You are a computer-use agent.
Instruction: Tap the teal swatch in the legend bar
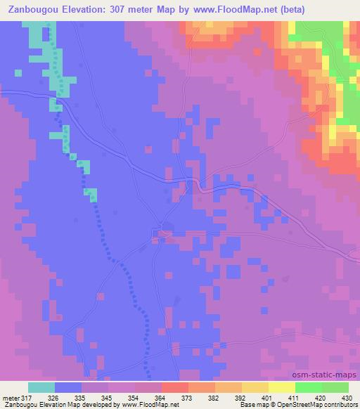tap(41, 387)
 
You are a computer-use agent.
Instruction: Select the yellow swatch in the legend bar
tap(281, 387)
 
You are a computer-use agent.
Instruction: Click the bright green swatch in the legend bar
tap(308, 387)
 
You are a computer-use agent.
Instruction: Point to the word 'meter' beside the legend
tap(11, 397)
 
